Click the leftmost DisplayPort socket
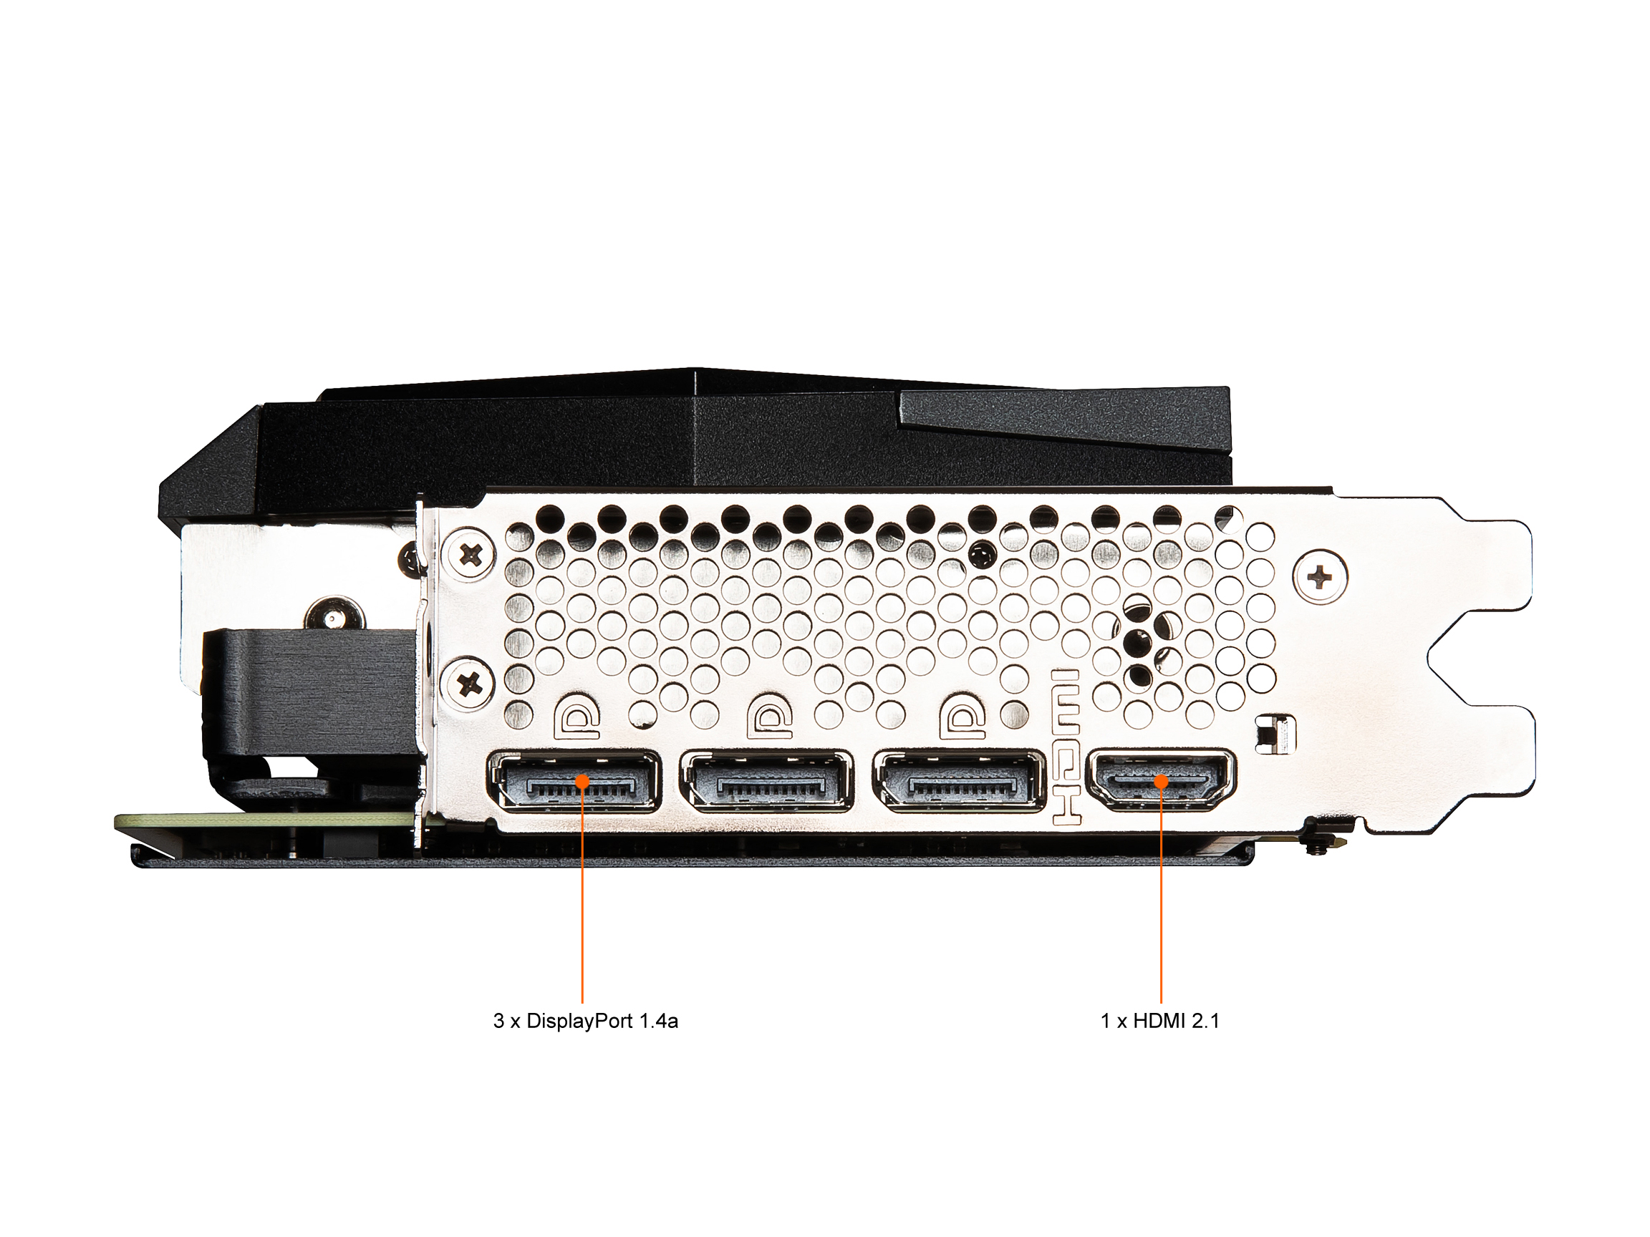574,782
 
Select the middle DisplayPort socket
767,782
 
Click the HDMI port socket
1161,779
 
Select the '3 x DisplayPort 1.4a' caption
586,1022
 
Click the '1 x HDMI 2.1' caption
1160,1022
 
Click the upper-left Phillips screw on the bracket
469,555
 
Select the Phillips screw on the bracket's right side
1321,576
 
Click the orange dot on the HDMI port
1161,781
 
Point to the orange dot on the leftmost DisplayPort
582,782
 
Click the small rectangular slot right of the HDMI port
1275,735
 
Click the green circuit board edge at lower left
265,821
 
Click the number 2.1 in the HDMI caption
1205,1022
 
